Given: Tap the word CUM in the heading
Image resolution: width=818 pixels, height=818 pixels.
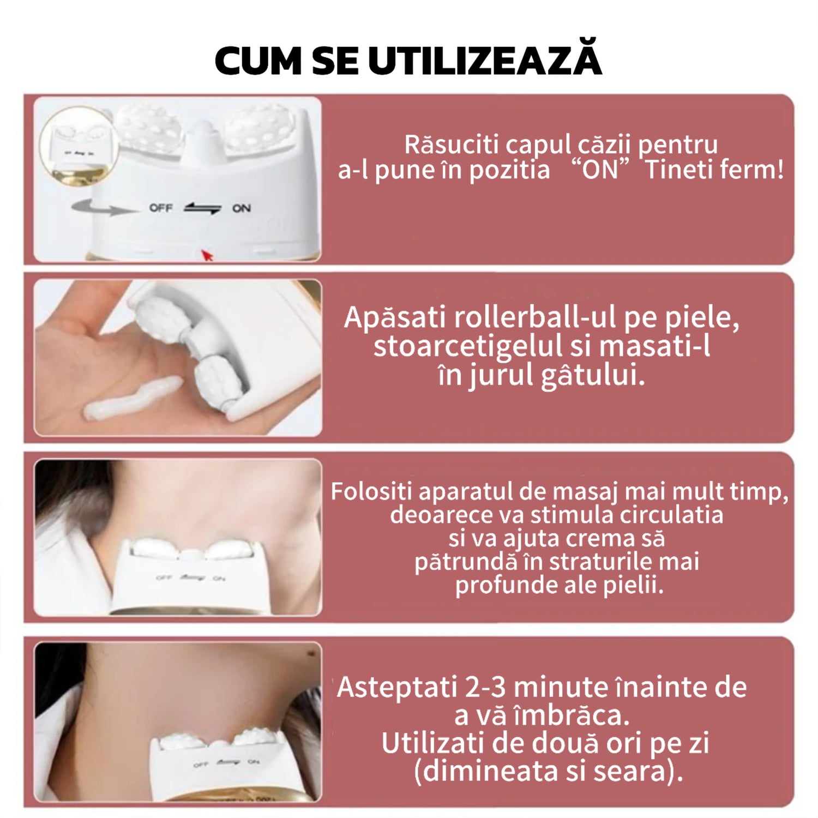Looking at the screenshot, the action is pos(258,61).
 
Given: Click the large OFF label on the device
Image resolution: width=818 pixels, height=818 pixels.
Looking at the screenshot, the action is pos(161,208).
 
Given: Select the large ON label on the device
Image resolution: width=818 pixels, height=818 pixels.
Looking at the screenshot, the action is pos(242,208).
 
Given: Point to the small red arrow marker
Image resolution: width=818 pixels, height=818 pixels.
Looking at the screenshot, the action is pos(207,255).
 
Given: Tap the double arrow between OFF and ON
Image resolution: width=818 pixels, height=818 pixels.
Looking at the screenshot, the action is pos(202,208).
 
